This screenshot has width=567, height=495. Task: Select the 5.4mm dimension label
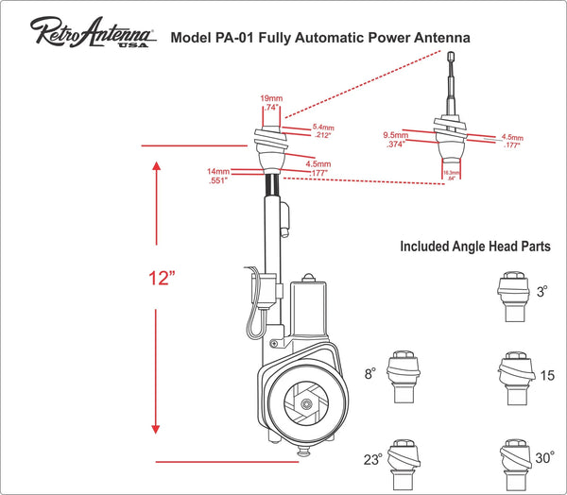[323, 127]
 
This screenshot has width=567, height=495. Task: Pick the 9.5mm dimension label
[395, 134]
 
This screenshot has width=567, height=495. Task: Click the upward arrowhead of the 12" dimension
[156, 166]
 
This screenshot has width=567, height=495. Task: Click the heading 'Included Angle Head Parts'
[473, 247]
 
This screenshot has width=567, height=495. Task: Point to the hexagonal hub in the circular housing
[308, 403]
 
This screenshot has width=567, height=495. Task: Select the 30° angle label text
[545, 456]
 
